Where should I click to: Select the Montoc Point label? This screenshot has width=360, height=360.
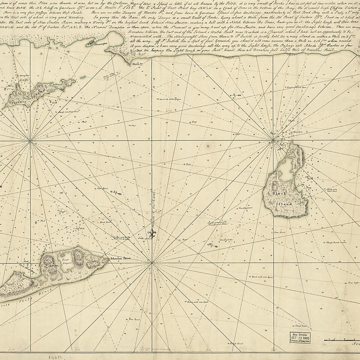tap(119, 258)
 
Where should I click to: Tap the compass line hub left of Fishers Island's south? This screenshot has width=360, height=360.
tap(30, 140)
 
